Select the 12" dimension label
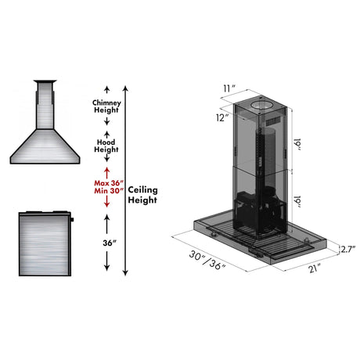[x=223, y=117]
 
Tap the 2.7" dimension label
[x=349, y=250]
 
